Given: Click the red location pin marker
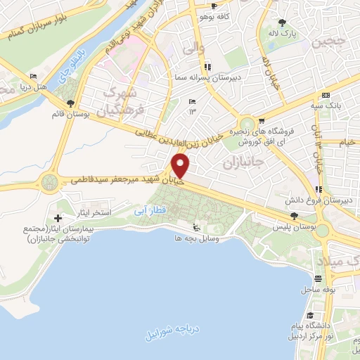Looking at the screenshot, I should (x=181, y=166).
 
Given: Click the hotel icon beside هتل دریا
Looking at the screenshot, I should (x=34, y=77).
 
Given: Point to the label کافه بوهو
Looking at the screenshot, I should (x=210, y=15).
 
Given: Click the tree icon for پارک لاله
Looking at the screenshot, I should (x=283, y=22).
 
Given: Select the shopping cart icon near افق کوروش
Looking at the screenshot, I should (x=261, y=120).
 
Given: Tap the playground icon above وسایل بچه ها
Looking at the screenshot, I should (x=196, y=227).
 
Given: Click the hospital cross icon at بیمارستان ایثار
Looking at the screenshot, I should (x=58, y=213).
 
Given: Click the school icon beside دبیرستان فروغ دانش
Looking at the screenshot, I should (x=319, y=189).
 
